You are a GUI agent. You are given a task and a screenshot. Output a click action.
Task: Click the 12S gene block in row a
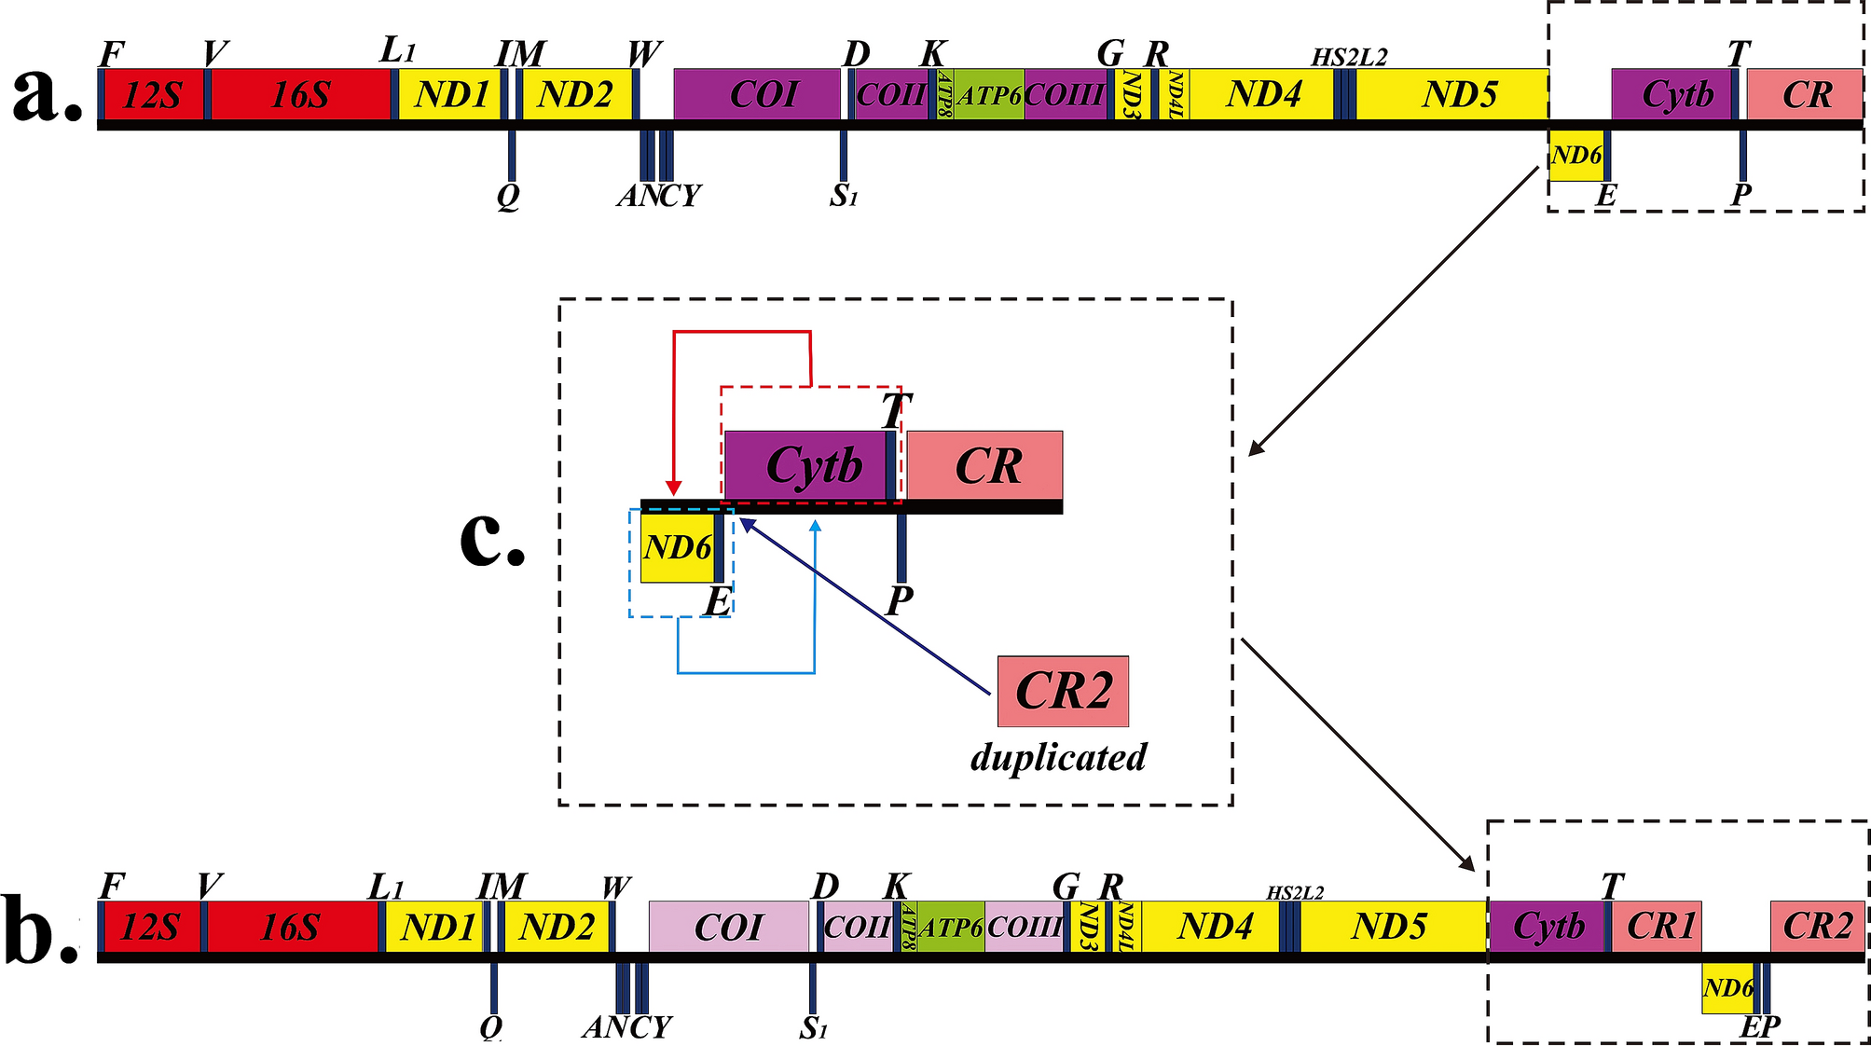point(153,94)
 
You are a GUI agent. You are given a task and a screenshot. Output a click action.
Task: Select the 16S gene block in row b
point(291,927)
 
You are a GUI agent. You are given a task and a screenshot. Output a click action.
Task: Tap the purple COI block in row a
point(757,94)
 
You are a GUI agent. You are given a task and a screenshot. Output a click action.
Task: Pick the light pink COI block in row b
point(728,927)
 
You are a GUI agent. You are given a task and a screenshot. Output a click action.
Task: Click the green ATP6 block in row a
point(988,94)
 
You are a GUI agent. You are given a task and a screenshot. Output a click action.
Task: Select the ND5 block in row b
point(1392,927)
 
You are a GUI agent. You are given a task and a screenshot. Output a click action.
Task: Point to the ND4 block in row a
point(1261,94)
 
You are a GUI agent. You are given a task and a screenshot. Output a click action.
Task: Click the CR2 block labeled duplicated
point(1063,691)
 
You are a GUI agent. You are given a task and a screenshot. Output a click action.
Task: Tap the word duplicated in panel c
point(1058,757)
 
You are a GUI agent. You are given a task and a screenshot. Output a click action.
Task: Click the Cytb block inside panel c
point(805,465)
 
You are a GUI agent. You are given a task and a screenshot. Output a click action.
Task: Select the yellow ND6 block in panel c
point(677,547)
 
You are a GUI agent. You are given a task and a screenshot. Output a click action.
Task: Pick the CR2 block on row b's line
point(1817,927)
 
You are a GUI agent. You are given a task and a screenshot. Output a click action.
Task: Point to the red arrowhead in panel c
point(674,489)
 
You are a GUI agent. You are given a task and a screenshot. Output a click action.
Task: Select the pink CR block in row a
point(1805,94)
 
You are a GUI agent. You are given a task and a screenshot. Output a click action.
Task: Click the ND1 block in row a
point(451,94)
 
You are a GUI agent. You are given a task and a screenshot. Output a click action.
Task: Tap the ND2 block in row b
point(556,927)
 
